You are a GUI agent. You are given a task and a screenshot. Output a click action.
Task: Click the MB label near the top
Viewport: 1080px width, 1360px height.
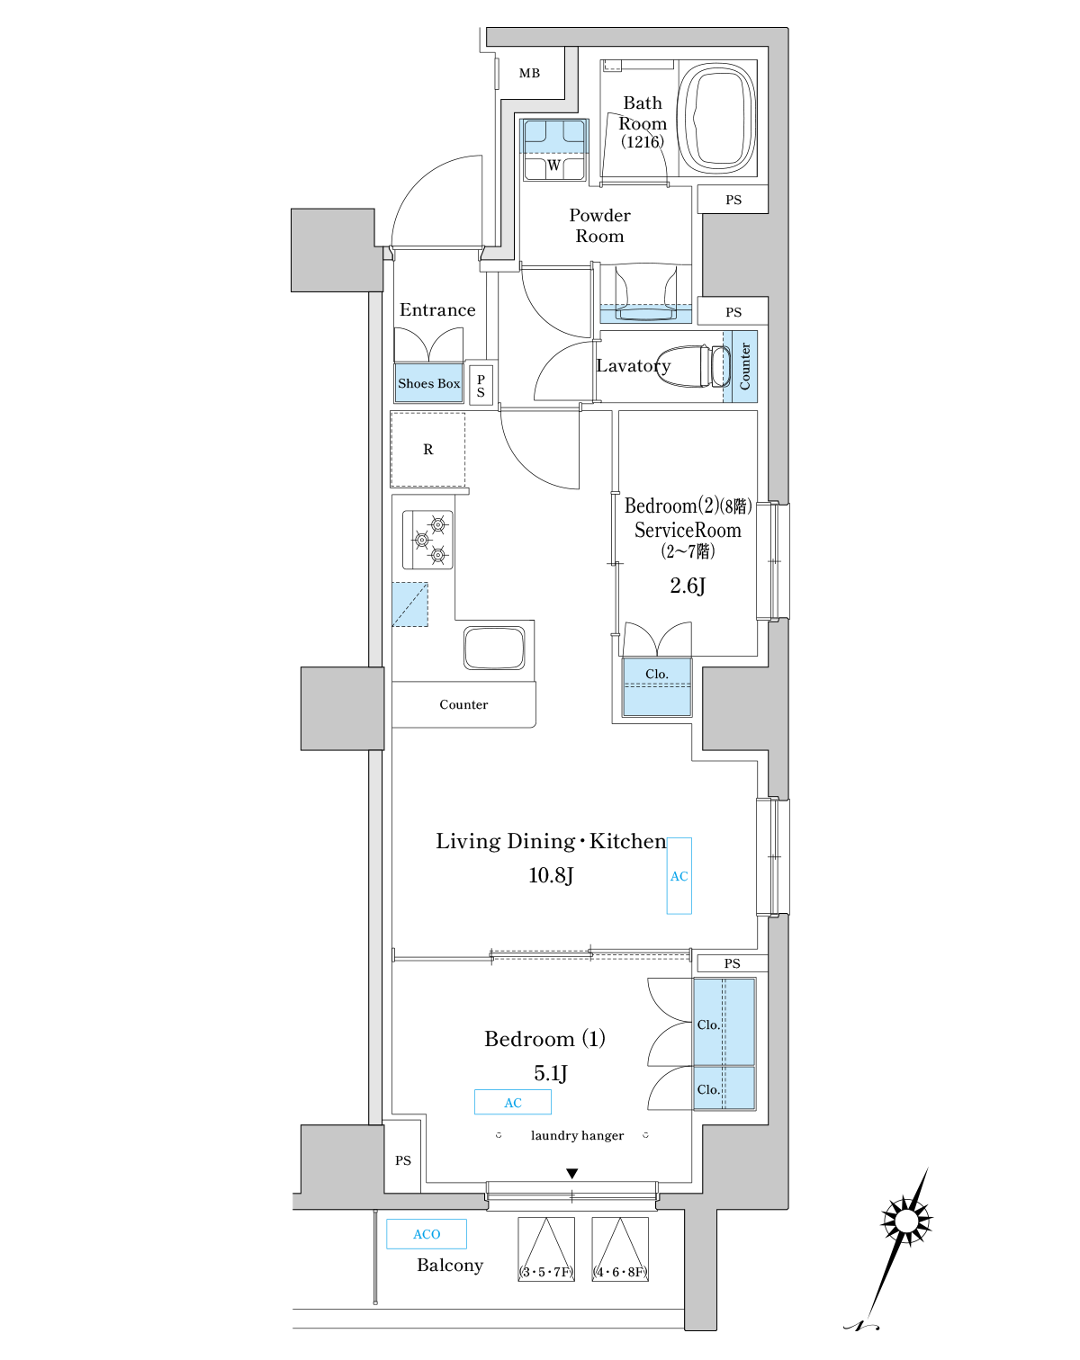[x=529, y=73]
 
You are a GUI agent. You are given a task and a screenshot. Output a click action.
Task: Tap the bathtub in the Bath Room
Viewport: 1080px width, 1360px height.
[x=716, y=117]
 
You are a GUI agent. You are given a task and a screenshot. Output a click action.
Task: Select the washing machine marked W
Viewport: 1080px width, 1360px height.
[x=554, y=150]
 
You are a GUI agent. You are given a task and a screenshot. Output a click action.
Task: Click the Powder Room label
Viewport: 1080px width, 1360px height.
[x=599, y=226]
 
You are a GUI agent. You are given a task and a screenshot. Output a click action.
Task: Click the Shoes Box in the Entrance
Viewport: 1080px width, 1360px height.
[x=428, y=383]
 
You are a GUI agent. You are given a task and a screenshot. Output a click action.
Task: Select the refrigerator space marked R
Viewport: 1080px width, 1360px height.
[x=428, y=450]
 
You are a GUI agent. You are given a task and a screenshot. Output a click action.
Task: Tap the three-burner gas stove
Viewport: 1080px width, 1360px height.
[x=428, y=540]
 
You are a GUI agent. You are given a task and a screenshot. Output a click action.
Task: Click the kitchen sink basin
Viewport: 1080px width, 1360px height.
[x=494, y=648]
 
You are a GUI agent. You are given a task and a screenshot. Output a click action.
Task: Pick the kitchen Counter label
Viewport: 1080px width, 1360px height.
[x=463, y=705]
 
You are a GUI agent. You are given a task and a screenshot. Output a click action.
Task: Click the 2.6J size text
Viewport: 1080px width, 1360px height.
[x=688, y=586]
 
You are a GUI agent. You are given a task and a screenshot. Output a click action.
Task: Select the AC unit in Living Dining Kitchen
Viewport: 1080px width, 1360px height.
[x=679, y=876]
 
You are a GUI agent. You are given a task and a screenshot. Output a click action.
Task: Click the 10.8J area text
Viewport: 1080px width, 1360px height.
[x=551, y=875]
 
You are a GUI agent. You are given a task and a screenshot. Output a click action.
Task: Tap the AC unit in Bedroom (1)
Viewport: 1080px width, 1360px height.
[x=513, y=1103]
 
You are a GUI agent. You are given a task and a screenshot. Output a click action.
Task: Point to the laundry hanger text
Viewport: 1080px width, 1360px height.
[x=577, y=1136]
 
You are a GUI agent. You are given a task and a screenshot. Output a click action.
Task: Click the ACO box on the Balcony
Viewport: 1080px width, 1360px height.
[x=427, y=1234]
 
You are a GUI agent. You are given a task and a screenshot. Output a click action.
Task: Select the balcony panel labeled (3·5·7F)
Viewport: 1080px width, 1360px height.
[x=546, y=1249]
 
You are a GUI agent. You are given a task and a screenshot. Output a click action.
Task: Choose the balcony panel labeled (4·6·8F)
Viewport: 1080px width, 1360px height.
[x=620, y=1249]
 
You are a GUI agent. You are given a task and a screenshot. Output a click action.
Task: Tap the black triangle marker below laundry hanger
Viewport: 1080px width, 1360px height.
[x=571, y=1174]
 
